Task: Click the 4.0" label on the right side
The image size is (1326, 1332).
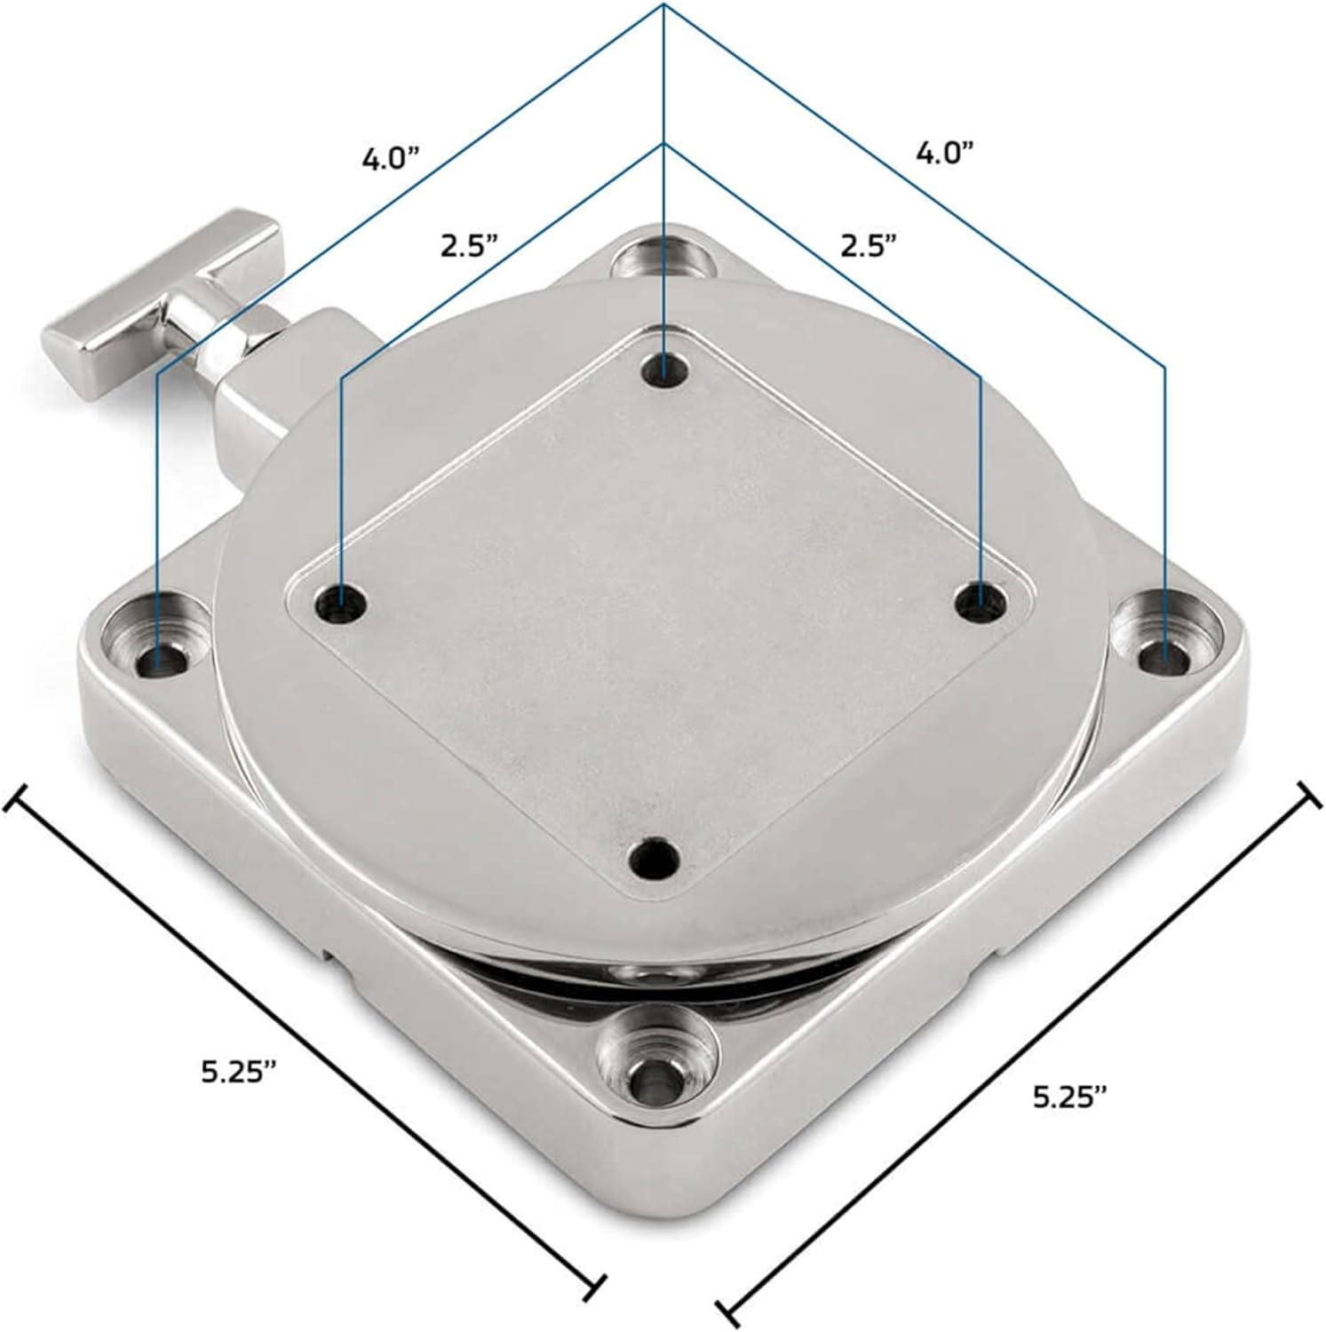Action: [x=945, y=154]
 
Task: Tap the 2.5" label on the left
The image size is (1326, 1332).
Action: [x=469, y=245]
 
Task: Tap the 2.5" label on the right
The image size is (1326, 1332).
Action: [x=869, y=245]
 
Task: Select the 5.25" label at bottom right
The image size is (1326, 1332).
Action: [x=1070, y=1098]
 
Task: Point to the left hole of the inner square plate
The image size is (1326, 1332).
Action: [x=342, y=607]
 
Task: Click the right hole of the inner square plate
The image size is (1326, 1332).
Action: [x=980, y=601]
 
